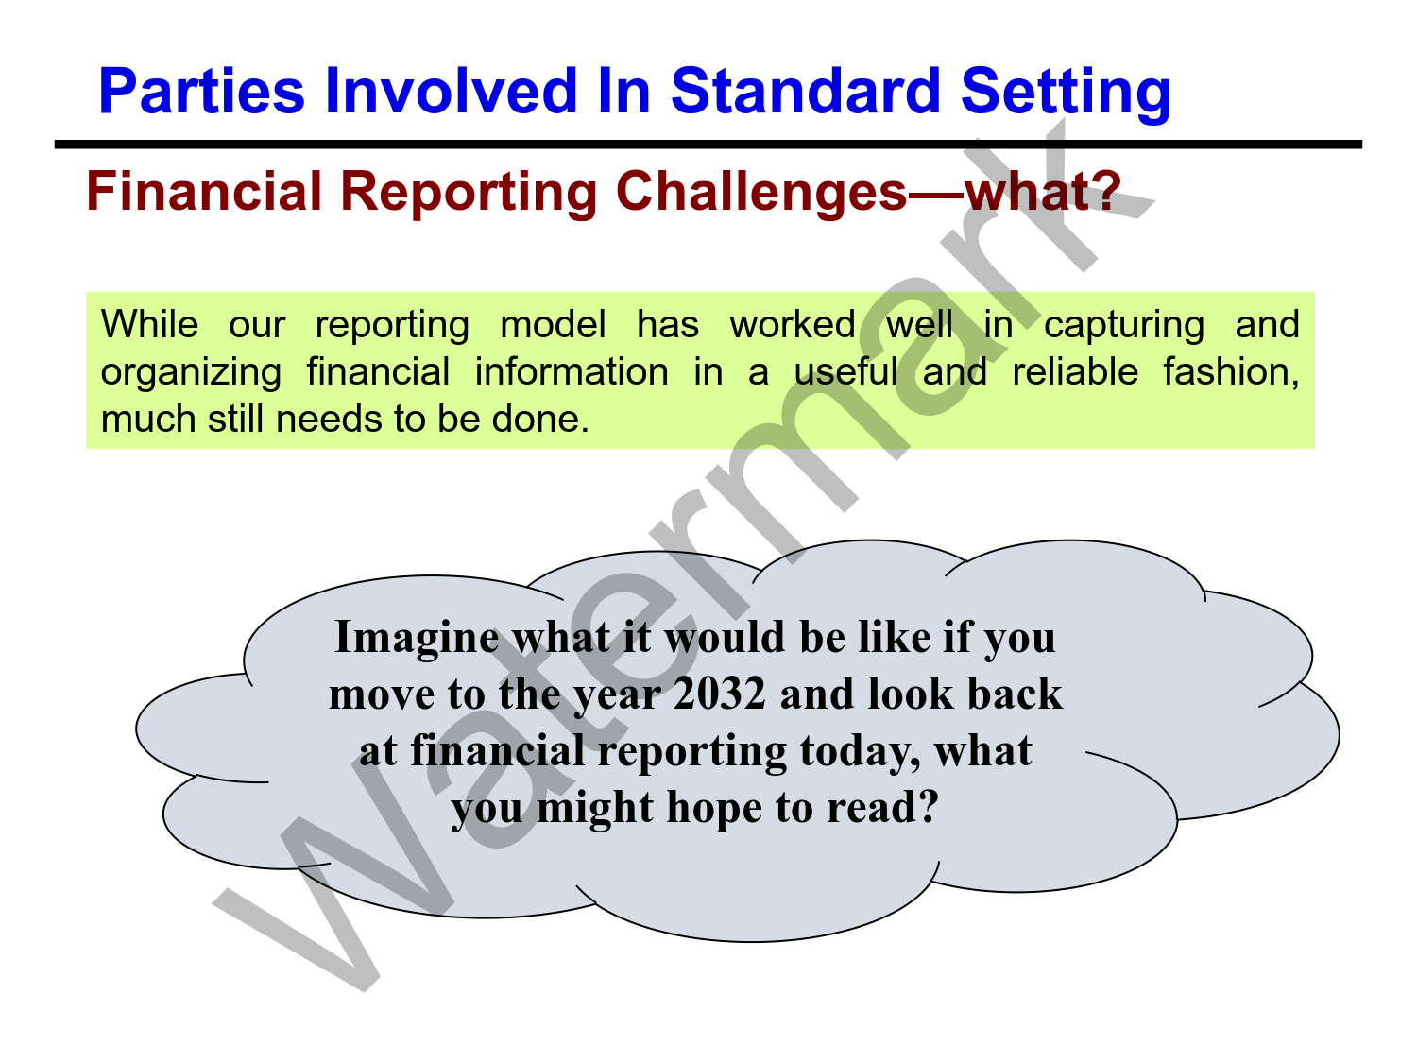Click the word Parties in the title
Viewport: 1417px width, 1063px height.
(x=201, y=91)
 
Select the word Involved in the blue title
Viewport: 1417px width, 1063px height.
(x=451, y=91)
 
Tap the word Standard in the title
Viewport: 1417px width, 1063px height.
(x=805, y=91)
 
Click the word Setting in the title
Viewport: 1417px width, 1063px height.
(x=1066, y=94)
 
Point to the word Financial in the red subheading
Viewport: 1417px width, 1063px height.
(x=204, y=191)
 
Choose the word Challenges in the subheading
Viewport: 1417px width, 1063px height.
(x=761, y=195)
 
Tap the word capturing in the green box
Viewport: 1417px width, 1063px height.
(x=1124, y=327)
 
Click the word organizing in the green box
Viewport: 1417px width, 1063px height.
(x=191, y=375)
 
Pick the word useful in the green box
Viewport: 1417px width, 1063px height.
(x=845, y=371)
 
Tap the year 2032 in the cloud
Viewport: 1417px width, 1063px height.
(x=719, y=694)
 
